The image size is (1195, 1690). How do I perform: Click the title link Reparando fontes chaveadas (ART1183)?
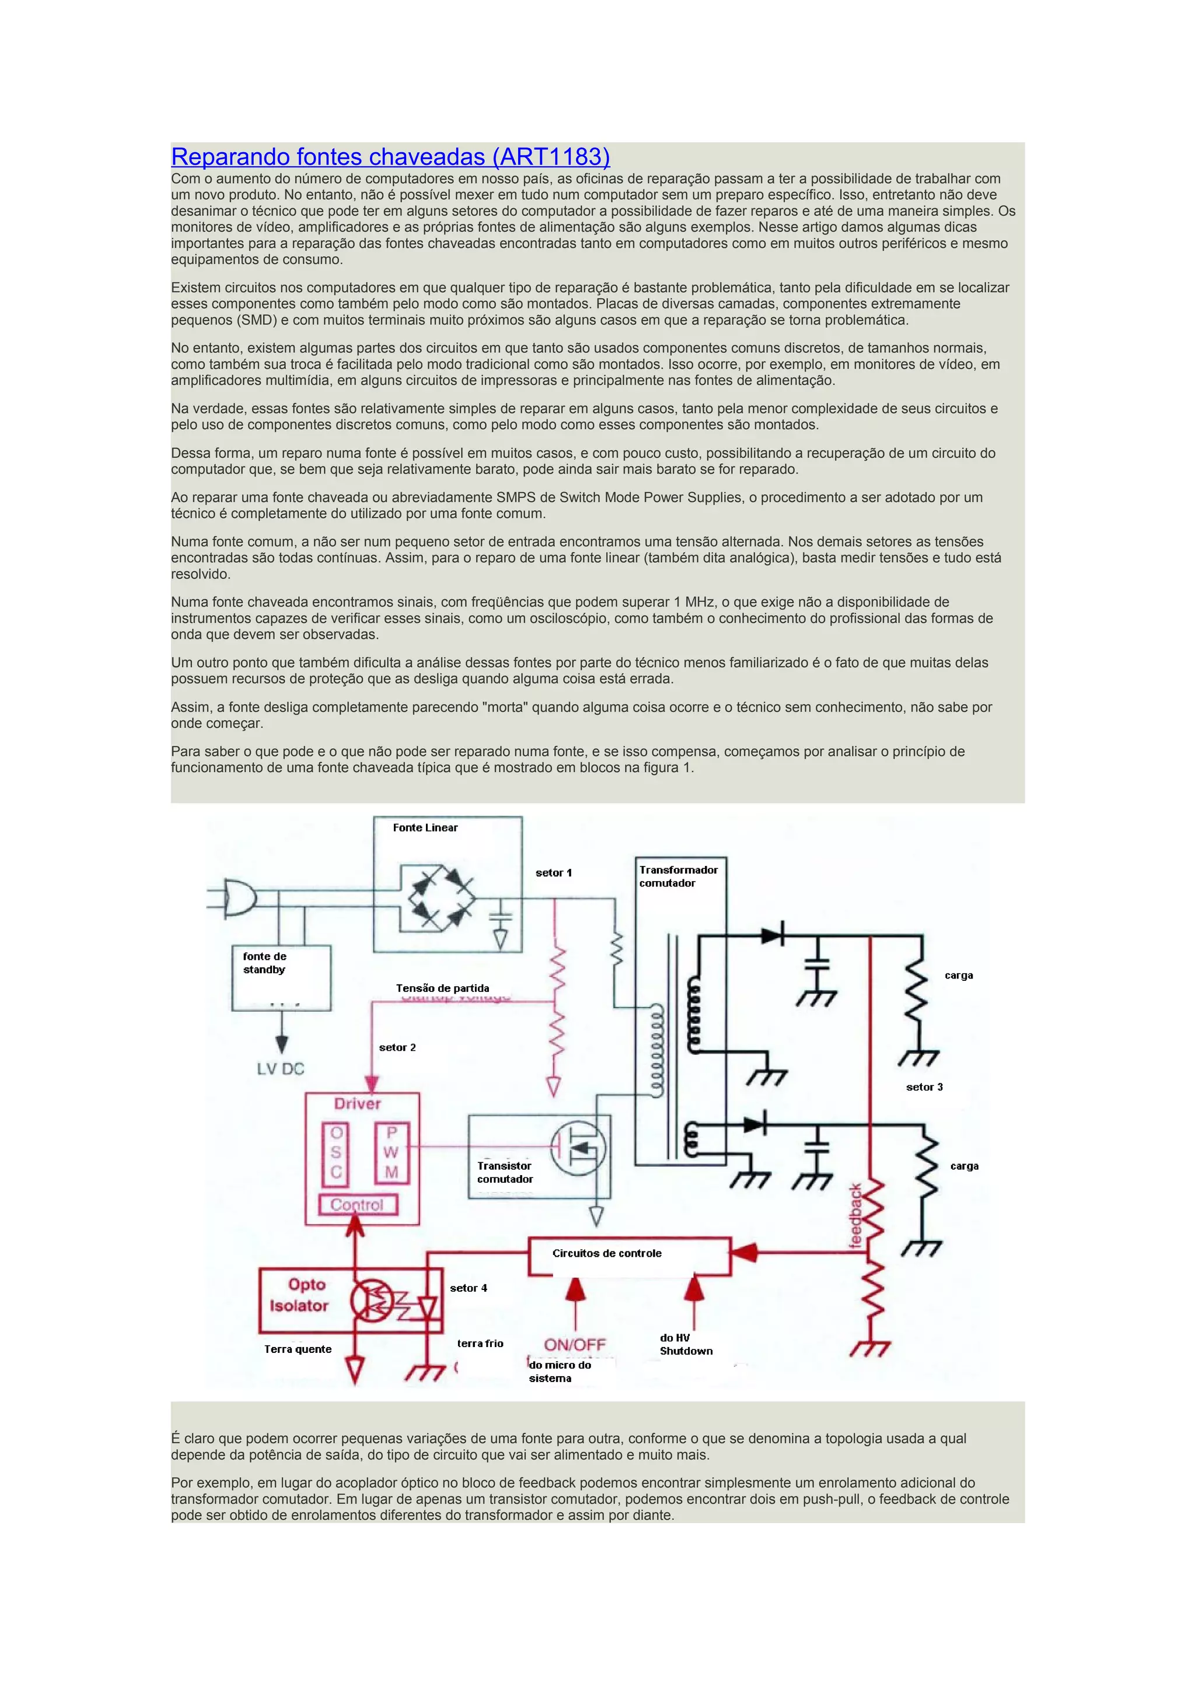tap(390, 157)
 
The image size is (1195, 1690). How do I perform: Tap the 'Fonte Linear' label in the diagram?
tap(425, 828)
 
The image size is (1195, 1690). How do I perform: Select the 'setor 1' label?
tap(553, 872)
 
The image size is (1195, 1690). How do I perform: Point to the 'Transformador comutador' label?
tap(677, 876)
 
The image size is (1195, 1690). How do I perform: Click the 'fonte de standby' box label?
tap(264, 963)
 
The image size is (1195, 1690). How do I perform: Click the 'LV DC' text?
tap(280, 1069)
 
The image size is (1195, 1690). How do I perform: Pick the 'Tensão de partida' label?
tap(442, 988)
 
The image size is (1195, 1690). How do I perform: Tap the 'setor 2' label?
tap(397, 1047)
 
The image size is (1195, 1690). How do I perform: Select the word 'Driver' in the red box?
tap(357, 1103)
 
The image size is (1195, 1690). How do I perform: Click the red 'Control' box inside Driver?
tap(357, 1205)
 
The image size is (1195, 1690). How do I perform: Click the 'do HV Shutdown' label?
tap(686, 1344)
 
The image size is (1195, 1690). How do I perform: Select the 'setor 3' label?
tap(924, 1086)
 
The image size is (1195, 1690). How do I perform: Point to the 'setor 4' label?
tap(469, 1288)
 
